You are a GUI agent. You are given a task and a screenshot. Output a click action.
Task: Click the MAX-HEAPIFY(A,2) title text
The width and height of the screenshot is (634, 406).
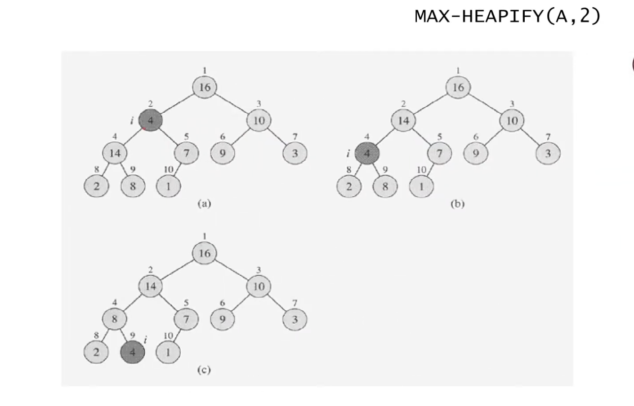pos(508,16)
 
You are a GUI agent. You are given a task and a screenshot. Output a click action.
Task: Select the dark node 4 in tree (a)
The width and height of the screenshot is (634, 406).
pos(150,120)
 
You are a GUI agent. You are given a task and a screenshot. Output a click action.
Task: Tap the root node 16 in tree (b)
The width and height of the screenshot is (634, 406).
pos(458,87)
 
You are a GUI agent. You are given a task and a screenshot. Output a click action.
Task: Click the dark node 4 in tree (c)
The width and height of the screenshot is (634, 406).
pos(132,352)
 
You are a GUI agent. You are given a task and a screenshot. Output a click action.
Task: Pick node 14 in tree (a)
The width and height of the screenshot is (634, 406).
pos(115,153)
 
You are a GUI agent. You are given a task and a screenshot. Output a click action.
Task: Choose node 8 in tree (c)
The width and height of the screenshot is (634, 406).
pos(114,319)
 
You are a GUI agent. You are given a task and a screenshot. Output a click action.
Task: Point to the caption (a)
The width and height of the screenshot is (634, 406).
pos(204,203)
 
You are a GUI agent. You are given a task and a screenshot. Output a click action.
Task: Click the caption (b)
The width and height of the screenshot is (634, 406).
pos(457,203)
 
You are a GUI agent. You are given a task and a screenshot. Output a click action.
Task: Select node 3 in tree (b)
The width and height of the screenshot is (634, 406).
pos(548,153)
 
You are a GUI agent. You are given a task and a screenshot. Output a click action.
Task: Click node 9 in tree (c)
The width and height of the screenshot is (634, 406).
pos(222,319)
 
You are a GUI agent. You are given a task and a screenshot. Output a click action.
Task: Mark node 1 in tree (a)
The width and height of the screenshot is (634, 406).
pos(169,186)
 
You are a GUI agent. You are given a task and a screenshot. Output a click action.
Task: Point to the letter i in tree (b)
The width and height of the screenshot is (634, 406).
pos(348,154)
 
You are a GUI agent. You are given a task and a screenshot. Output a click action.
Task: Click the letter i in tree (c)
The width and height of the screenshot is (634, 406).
pos(146,340)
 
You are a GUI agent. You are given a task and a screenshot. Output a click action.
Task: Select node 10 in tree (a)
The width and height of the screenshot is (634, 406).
pos(259,120)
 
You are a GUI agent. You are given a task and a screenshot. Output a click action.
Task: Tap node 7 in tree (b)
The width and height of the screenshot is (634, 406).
pos(439,153)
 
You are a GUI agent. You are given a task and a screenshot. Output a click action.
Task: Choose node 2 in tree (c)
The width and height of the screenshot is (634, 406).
pos(96,352)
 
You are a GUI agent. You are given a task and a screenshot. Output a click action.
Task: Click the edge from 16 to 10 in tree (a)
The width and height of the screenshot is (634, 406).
pos(232,104)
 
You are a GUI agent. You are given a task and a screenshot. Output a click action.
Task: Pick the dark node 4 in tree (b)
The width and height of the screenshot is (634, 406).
pos(367,153)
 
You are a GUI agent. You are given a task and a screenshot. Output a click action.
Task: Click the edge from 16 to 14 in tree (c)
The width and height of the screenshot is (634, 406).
pos(177,270)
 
